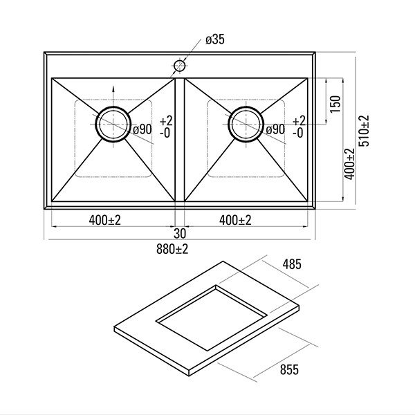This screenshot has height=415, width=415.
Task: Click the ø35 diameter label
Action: (x=215, y=39)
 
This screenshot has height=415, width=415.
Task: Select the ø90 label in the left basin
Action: (x=142, y=129)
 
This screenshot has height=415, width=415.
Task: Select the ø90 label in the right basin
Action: (x=275, y=129)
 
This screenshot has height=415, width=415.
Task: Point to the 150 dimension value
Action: (x=335, y=104)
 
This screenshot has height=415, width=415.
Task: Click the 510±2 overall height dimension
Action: (x=364, y=131)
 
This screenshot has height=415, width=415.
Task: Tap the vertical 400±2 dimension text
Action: (x=349, y=164)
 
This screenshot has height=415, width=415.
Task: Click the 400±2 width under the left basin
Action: (x=105, y=220)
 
